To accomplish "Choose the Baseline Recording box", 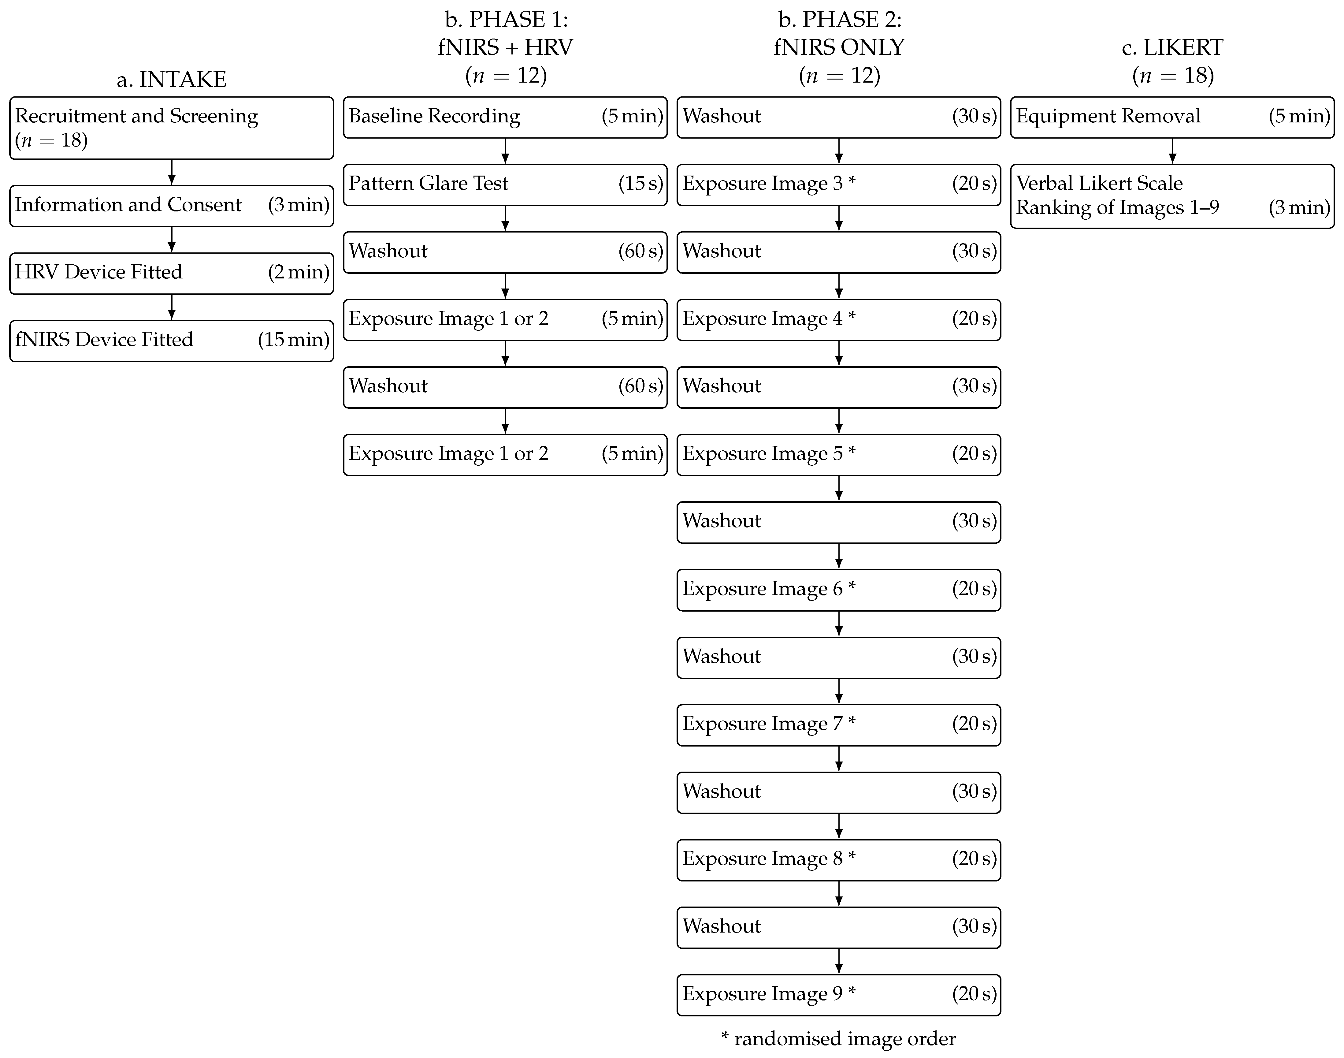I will (505, 117).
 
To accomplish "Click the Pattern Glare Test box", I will (505, 184).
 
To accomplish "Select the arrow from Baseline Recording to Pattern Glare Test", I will (505, 151).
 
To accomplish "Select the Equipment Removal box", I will (1172, 117).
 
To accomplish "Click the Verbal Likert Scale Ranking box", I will (1172, 196).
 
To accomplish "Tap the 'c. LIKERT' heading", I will (1172, 48).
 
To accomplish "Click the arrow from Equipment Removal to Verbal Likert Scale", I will (1172, 151).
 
